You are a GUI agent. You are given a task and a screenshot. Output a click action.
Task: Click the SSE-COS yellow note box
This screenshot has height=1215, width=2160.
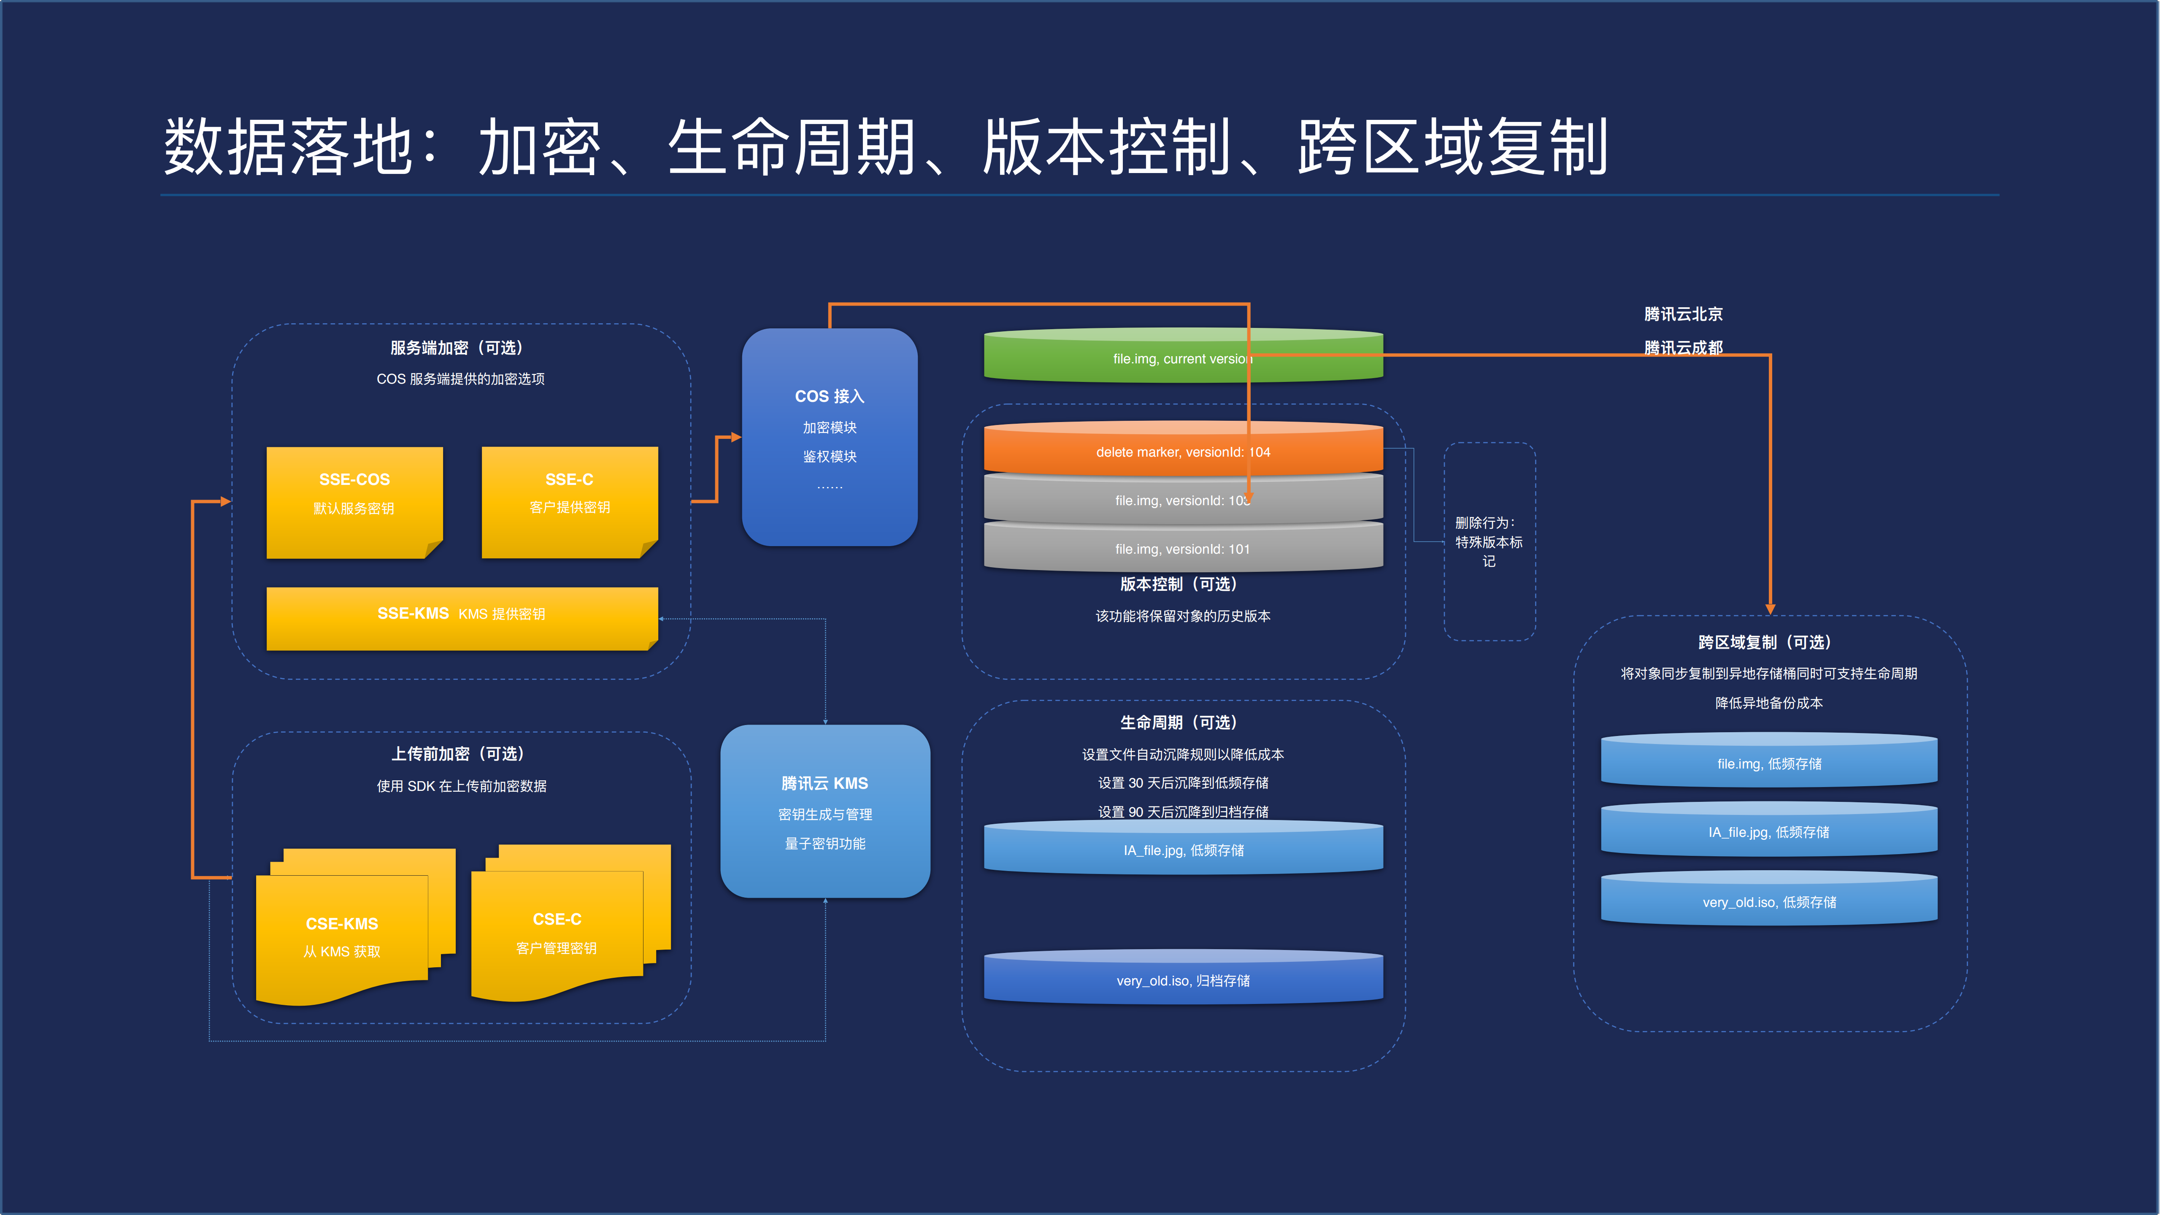coord(354,501)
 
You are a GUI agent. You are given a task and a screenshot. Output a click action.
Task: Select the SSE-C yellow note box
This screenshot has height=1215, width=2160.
coord(569,501)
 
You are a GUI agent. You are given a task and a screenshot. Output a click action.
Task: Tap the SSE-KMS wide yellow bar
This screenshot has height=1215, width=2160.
coord(461,617)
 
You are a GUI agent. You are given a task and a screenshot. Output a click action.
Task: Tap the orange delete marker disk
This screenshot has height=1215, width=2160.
coord(1182,451)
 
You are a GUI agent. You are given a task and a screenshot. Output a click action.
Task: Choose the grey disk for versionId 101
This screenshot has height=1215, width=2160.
coord(1182,548)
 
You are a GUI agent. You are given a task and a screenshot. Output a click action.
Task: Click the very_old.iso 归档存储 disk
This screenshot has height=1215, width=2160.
coord(1182,980)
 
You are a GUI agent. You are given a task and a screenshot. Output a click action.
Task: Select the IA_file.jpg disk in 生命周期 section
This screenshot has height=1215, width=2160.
coord(1182,850)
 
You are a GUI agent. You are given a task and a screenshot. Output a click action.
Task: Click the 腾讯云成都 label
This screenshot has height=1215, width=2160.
coord(1683,347)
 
